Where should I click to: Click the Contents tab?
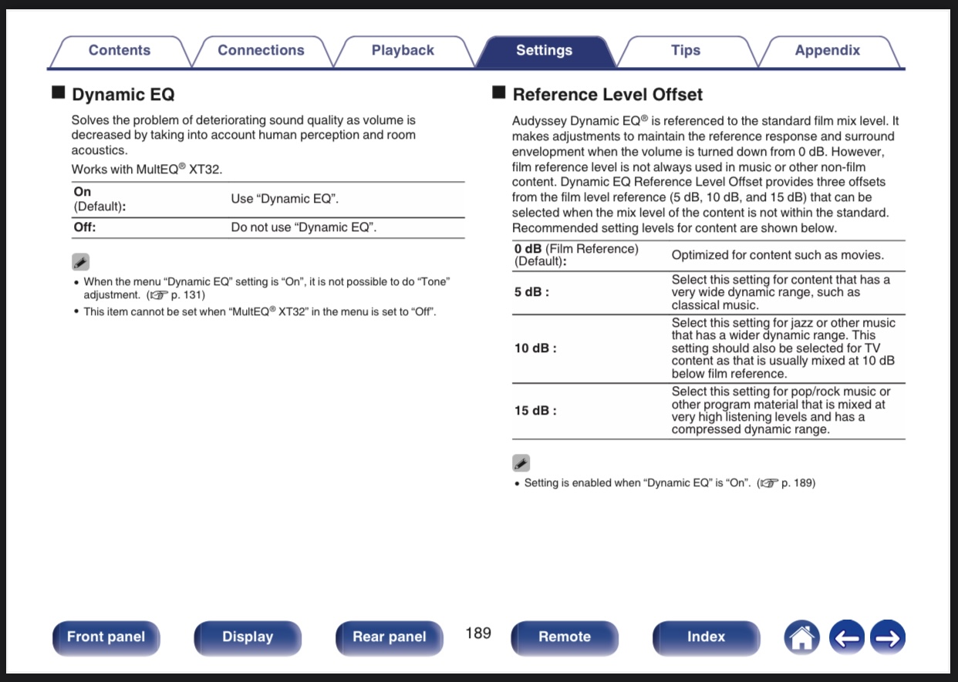(120, 51)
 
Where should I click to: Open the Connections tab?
(261, 51)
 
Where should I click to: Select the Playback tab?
(403, 51)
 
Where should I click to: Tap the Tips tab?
(686, 51)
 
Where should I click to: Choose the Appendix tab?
(827, 51)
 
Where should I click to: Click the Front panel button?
(106, 637)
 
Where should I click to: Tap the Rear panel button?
(390, 637)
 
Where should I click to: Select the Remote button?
(565, 637)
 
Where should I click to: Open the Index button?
(706, 637)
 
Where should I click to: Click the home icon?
(802, 637)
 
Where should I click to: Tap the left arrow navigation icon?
(847, 637)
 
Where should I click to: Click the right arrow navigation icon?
(888, 637)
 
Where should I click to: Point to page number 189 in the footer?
(478, 633)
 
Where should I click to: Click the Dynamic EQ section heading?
(123, 95)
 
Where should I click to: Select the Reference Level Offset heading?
(607, 95)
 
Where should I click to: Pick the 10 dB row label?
(535, 348)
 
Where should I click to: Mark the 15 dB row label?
(535, 411)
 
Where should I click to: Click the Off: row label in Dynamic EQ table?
(85, 227)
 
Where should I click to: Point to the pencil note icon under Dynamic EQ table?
(81, 262)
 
